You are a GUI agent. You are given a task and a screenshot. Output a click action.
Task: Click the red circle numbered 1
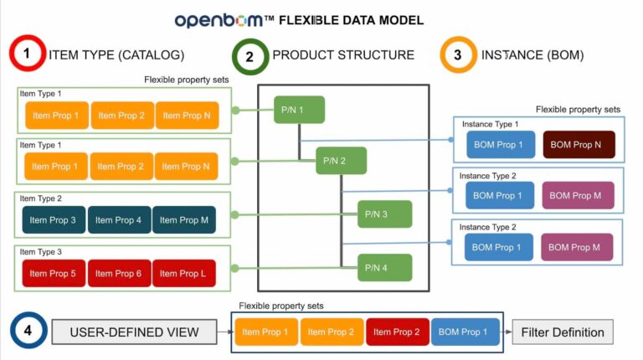tap(27, 55)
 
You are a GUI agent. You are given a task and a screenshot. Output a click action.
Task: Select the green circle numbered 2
tap(249, 56)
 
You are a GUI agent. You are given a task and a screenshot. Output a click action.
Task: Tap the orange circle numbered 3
tap(457, 56)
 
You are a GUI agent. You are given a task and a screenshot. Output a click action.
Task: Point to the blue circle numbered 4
tap(27, 332)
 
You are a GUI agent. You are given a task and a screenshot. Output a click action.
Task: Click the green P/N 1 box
tap(299, 110)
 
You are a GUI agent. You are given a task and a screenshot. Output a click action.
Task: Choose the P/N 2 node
tap(341, 161)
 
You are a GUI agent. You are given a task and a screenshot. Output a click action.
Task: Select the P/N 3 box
tap(384, 214)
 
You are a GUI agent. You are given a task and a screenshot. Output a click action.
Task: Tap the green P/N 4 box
tap(384, 267)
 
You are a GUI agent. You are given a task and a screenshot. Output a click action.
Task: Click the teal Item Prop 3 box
tap(54, 220)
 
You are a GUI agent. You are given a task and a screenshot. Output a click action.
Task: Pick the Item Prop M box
tap(183, 220)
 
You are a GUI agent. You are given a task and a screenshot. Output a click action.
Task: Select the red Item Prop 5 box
tap(54, 274)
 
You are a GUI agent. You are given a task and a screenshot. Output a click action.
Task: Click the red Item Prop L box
tap(183, 274)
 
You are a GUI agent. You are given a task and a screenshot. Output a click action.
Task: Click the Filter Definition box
tap(562, 332)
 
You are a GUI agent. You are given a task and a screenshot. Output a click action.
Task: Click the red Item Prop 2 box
tap(398, 332)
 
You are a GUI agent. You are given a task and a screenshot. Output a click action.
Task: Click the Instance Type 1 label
tap(490, 124)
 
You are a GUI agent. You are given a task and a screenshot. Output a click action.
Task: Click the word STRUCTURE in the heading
tap(374, 55)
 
